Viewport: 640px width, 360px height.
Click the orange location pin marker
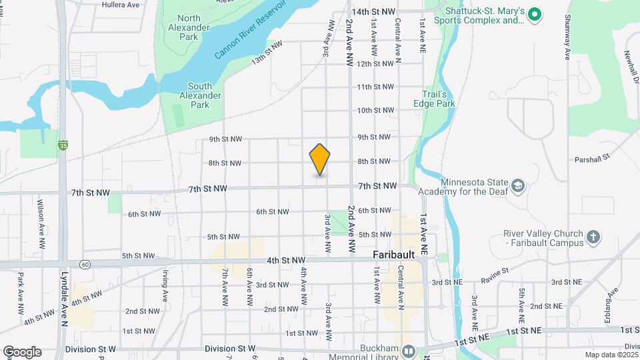tap(320, 159)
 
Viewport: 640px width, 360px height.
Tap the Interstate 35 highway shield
tap(63, 145)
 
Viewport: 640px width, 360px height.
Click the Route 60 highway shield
tap(85, 265)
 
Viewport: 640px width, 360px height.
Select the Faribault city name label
tap(394, 255)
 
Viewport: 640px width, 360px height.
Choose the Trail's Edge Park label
tap(437, 99)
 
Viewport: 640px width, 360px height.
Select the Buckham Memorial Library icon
tap(409, 351)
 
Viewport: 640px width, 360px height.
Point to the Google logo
tap(22, 352)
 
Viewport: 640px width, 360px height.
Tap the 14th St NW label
tap(373, 12)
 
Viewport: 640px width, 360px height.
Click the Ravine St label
tap(497, 271)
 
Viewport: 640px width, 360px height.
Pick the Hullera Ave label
tap(121, 4)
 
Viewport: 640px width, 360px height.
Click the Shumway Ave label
tap(567, 37)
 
